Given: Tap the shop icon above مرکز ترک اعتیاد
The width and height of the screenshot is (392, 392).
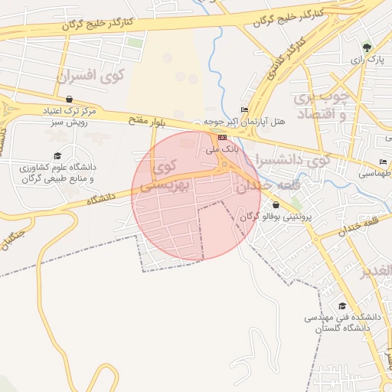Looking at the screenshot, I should coord(70,99).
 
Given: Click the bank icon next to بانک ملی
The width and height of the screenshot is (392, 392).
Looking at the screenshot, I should coord(222,138).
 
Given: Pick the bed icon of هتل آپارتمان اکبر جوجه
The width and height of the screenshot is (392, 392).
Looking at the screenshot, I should coord(244,110).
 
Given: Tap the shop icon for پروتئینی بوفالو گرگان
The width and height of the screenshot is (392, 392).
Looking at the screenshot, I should coord(276,204).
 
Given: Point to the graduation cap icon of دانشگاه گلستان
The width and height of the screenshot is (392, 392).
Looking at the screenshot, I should coord(342,305).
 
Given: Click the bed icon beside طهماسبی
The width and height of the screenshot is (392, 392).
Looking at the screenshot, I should coord(383,162).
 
